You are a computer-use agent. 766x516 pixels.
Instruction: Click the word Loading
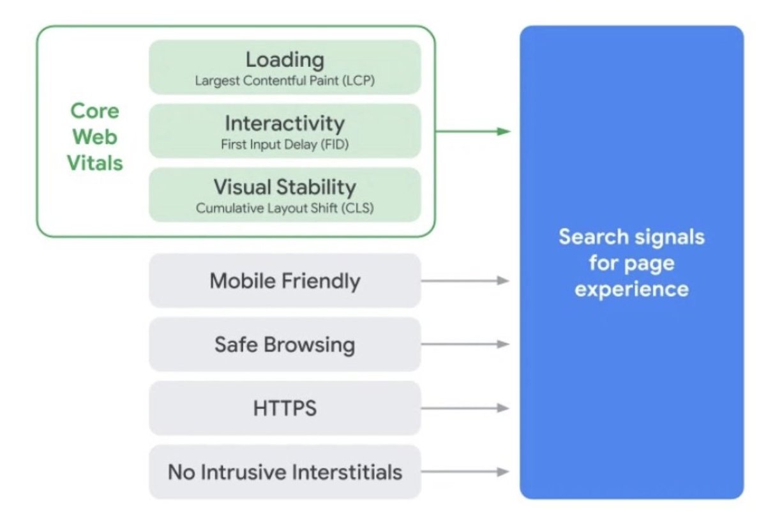[285, 59]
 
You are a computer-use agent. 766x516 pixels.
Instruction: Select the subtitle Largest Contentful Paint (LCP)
[285, 81]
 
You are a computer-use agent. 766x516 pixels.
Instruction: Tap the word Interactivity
[285, 123]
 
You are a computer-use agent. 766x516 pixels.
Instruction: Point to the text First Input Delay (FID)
[285, 145]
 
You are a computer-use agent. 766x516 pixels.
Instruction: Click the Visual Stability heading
[285, 187]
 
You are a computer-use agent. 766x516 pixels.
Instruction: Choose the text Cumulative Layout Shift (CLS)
[285, 208]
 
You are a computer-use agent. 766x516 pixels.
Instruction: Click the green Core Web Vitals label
[94, 137]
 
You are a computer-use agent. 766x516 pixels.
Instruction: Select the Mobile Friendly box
[285, 280]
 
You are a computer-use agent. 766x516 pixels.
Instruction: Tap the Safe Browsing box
[285, 344]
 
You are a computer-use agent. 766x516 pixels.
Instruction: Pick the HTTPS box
[285, 408]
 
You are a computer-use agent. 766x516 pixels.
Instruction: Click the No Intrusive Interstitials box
[285, 472]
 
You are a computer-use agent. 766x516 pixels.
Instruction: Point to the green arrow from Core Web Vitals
[472, 132]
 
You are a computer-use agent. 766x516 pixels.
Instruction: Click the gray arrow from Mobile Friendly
[465, 280]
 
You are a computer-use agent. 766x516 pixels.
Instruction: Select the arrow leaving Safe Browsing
[465, 344]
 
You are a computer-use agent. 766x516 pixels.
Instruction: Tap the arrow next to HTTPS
[465, 408]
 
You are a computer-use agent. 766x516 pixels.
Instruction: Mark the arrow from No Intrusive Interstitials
[465, 472]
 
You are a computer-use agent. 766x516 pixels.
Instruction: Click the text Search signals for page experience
[631, 262]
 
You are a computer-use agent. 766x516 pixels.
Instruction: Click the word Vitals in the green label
[94, 163]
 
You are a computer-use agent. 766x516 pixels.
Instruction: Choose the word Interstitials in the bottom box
[347, 472]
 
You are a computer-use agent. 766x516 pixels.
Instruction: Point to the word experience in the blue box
[631, 289]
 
